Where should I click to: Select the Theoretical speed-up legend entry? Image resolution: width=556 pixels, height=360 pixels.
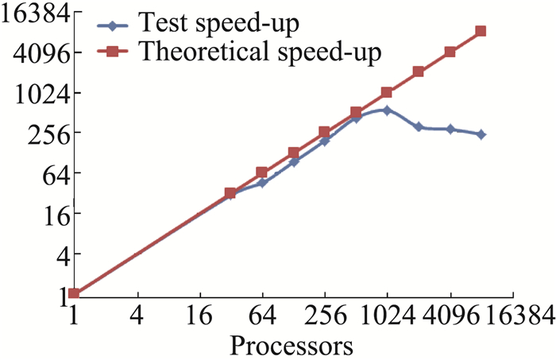click(x=258, y=52)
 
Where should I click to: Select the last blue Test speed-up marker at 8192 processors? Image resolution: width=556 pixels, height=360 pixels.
click(x=481, y=134)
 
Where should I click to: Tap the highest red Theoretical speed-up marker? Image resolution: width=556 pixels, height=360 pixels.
click(x=481, y=32)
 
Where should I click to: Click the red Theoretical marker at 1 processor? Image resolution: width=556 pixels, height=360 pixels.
click(x=74, y=294)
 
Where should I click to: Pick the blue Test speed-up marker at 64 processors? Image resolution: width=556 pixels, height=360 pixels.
click(x=262, y=183)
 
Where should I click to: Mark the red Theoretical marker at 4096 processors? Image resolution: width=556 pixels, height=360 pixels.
click(x=450, y=52)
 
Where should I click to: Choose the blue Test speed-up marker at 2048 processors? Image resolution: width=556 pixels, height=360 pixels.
click(x=419, y=127)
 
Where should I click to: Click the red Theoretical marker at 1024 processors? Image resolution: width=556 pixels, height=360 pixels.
click(x=387, y=93)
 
